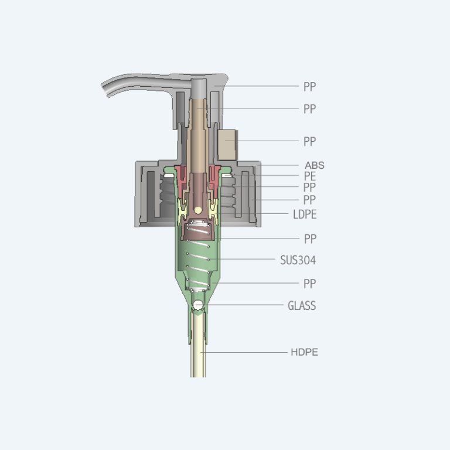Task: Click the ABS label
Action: pyautogui.click(x=315, y=165)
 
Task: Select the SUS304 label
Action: pyautogui.click(x=298, y=260)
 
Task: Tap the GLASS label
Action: pyautogui.click(x=302, y=306)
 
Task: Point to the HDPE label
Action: pyautogui.click(x=305, y=352)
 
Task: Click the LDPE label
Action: pyautogui.click(x=305, y=214)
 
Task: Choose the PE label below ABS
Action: pyautogui.click(x=310, y=176)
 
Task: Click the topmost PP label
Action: pyautogui.click(x=309, y=86)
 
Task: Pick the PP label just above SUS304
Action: pyautogui.click(x=310, y=238)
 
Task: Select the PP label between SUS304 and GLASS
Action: pyautogui.click(x=309, y=284)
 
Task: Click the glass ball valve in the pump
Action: pyautogui.click(x=198, y=305)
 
